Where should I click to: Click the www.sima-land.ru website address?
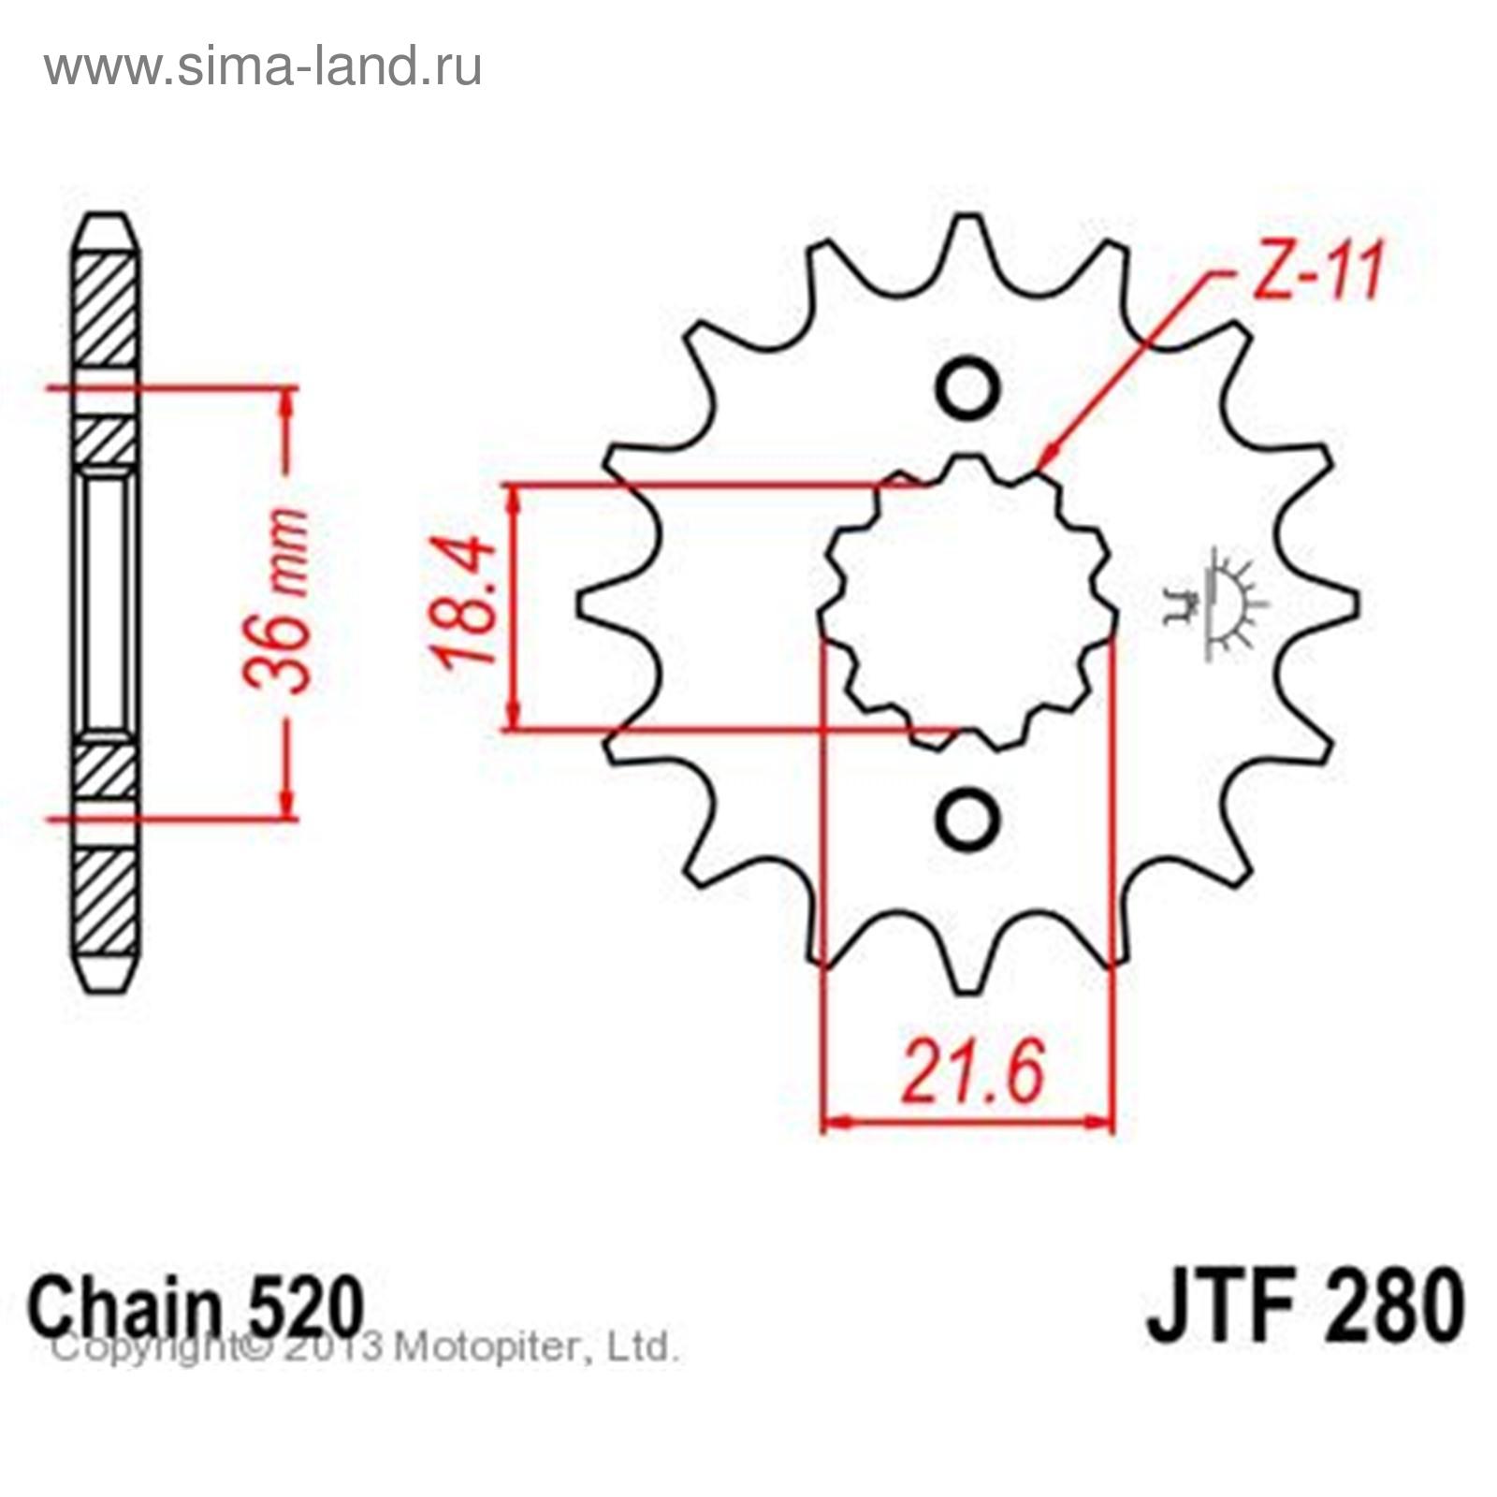[263, 67]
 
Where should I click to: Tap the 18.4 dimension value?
[464, 600]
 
